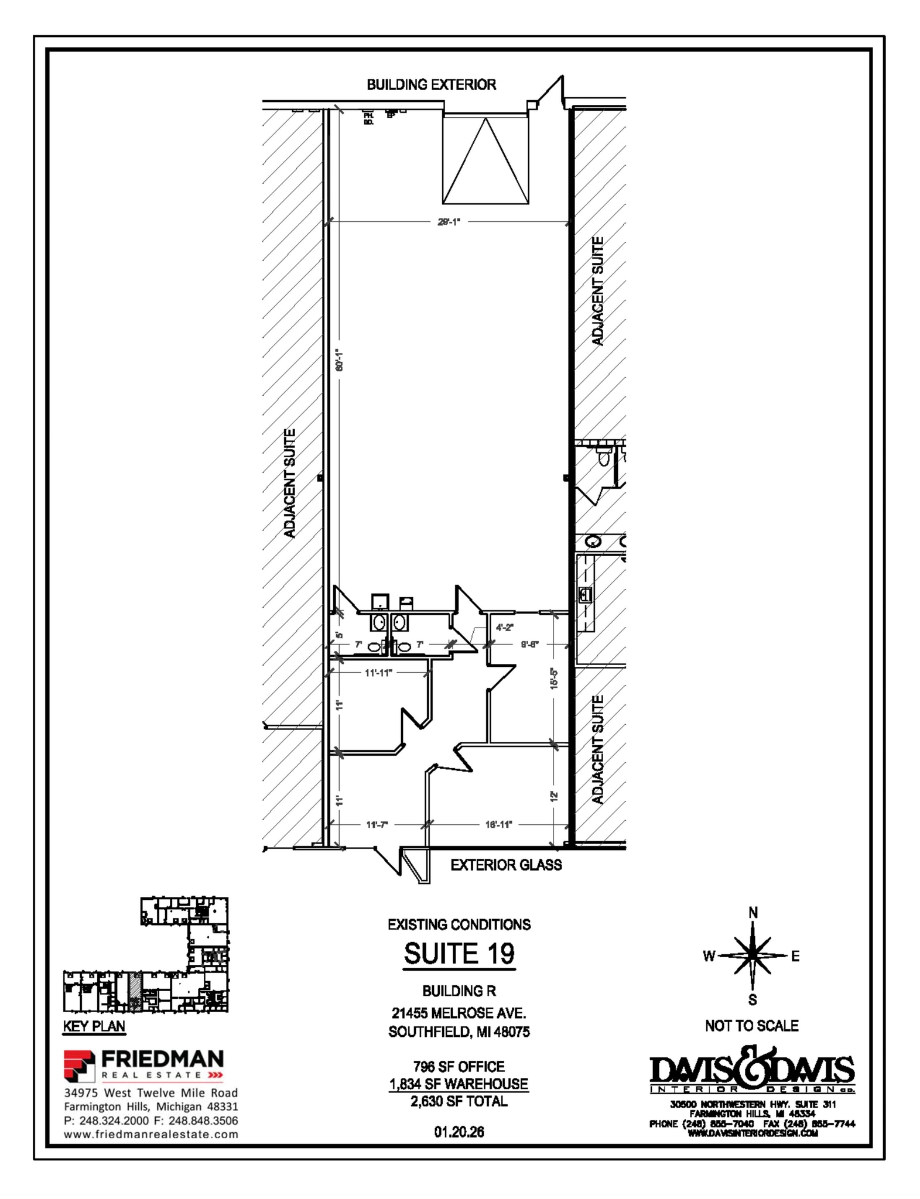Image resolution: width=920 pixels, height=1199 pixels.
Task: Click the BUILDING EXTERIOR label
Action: pos(431,85)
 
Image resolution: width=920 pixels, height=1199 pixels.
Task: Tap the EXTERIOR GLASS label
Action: pos(505,865)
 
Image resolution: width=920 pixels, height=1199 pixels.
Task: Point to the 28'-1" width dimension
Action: pos(449,222)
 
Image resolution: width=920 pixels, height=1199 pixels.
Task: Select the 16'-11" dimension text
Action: pos(498,824)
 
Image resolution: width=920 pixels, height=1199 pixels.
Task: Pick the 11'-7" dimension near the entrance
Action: pos(377,824)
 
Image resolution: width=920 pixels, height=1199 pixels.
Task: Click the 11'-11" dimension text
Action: pos(378,673)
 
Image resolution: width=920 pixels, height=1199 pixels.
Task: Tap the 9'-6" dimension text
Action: pos(529,645)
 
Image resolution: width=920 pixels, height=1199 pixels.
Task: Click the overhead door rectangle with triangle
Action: pos(485,160)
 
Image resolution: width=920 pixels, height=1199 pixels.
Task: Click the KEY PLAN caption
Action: pos(94,1026)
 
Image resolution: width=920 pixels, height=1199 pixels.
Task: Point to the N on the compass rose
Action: pos(753,913)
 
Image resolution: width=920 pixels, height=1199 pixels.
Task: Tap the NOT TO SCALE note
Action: pos(751,1026)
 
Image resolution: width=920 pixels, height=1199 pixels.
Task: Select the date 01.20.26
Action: pos(459,1132)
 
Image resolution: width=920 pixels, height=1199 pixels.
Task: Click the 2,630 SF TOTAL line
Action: pos(459,1101)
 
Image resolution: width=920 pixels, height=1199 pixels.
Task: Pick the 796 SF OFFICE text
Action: pos(459,1067)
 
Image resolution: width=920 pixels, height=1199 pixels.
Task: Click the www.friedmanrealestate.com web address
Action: pos(151,1134)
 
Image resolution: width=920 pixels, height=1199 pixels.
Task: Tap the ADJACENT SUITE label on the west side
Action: pos(289,483)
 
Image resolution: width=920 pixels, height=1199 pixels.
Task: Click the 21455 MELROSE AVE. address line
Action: pos(459,1013)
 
